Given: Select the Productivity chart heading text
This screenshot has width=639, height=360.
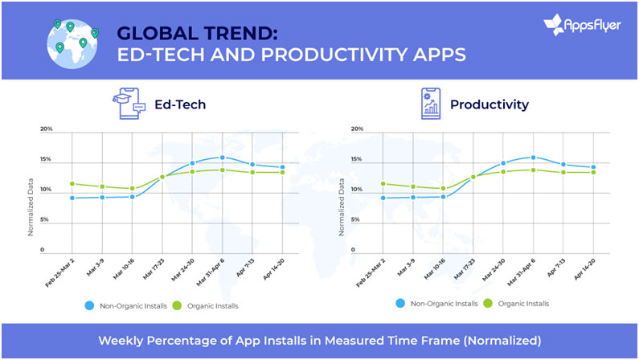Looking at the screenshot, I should pos(489,104).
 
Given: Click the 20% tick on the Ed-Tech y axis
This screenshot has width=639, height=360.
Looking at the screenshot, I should pos(47,129).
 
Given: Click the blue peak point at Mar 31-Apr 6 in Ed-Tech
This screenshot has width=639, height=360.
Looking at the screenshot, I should pos(223,157).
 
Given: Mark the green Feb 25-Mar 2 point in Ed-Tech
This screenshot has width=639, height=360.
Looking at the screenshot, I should pos(72,184).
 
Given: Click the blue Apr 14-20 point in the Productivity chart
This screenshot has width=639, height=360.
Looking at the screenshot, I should pos(593,167).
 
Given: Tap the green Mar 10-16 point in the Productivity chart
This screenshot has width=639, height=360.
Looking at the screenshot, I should pos(443,189).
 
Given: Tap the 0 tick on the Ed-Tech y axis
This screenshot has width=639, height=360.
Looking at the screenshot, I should pos(50,250).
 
